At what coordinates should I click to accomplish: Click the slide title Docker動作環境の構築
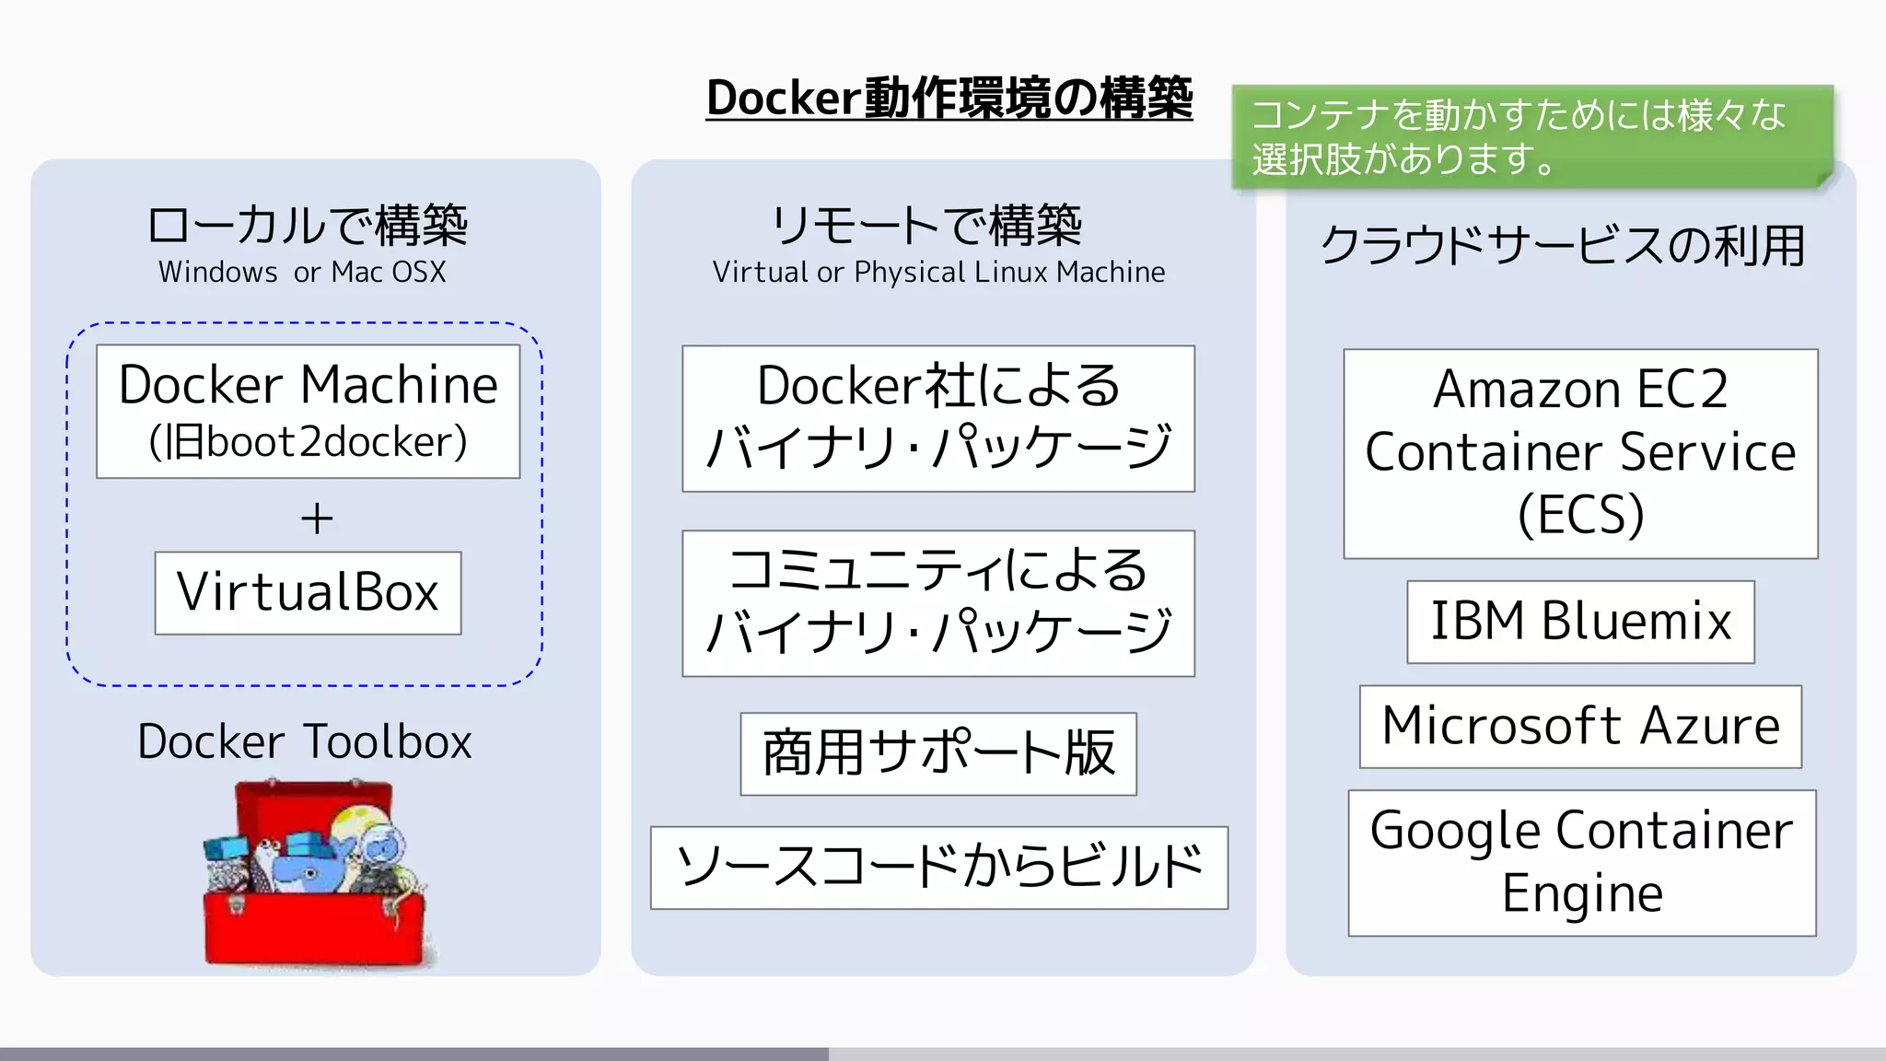(x=949, y=99)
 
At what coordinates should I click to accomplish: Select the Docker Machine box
(x=308, y=411)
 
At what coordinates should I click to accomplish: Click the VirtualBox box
(x=308, y=592)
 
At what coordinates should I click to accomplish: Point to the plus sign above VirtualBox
(x=317, y=519)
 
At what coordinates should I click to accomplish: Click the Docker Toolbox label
(x=304, y=741)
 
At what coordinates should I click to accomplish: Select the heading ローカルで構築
(x=308, y=225)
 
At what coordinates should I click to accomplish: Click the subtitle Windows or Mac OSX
(x=302, y=273)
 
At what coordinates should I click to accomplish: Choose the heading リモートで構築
(x=926, y=225)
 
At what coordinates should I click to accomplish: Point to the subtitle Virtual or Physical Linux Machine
(x=938, y=273)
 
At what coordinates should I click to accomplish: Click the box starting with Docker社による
(x=937, y=418)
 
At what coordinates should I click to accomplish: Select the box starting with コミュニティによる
(x=937, y=602)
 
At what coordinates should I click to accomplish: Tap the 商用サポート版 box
(x=937, y=753)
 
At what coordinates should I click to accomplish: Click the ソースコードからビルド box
(x=938, y=867)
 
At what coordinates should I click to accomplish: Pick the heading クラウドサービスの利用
(x=1562, y=246)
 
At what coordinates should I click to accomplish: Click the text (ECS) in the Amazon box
(x=1580, y=515)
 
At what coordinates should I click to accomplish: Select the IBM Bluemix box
(x=1580, y=621)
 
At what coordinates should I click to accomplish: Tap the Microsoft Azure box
(x=1580, y=726)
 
